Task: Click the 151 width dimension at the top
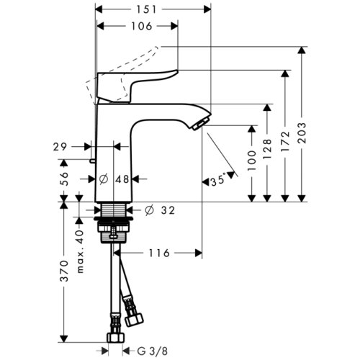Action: click(153, 9)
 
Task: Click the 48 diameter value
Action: click(122, 179)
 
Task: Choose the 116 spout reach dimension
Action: click(159, 253)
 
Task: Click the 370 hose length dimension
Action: click(63, 271)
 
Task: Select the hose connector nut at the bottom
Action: click(112, 337)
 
